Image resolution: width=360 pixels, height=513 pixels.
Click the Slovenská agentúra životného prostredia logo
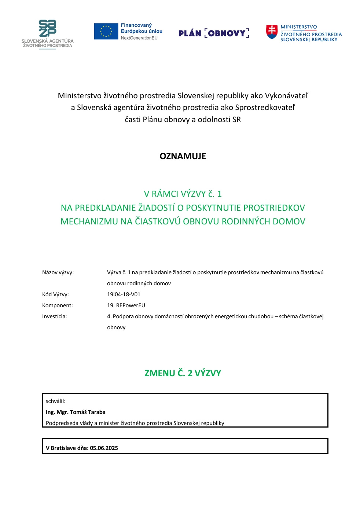pos(48,34)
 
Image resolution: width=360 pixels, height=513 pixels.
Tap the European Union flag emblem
pos(106,31)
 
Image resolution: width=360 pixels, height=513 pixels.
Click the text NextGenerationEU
pos(139,38)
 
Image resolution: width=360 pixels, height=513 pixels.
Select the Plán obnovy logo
pos(214,33)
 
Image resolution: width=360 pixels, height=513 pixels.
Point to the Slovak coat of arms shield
pos(272,32)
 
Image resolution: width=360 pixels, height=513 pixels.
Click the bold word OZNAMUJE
pos(183,156)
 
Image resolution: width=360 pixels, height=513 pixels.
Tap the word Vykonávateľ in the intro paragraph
pos(286,96)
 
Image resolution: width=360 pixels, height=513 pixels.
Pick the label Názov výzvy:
pos(58,272)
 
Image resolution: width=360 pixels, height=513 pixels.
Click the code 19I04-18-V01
pos(124,294)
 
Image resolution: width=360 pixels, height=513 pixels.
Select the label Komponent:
pos(58,305)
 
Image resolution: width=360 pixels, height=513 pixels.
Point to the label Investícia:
pos(55,316)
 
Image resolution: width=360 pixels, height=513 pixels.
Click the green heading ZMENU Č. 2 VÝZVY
pos(183,373)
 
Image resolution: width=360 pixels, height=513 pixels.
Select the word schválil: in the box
pos(56,401)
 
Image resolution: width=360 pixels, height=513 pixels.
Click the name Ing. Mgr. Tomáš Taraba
pos(76,412)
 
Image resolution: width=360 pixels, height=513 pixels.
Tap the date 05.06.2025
pos(104,448)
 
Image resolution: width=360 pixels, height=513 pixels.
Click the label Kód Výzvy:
pos(55,294)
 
